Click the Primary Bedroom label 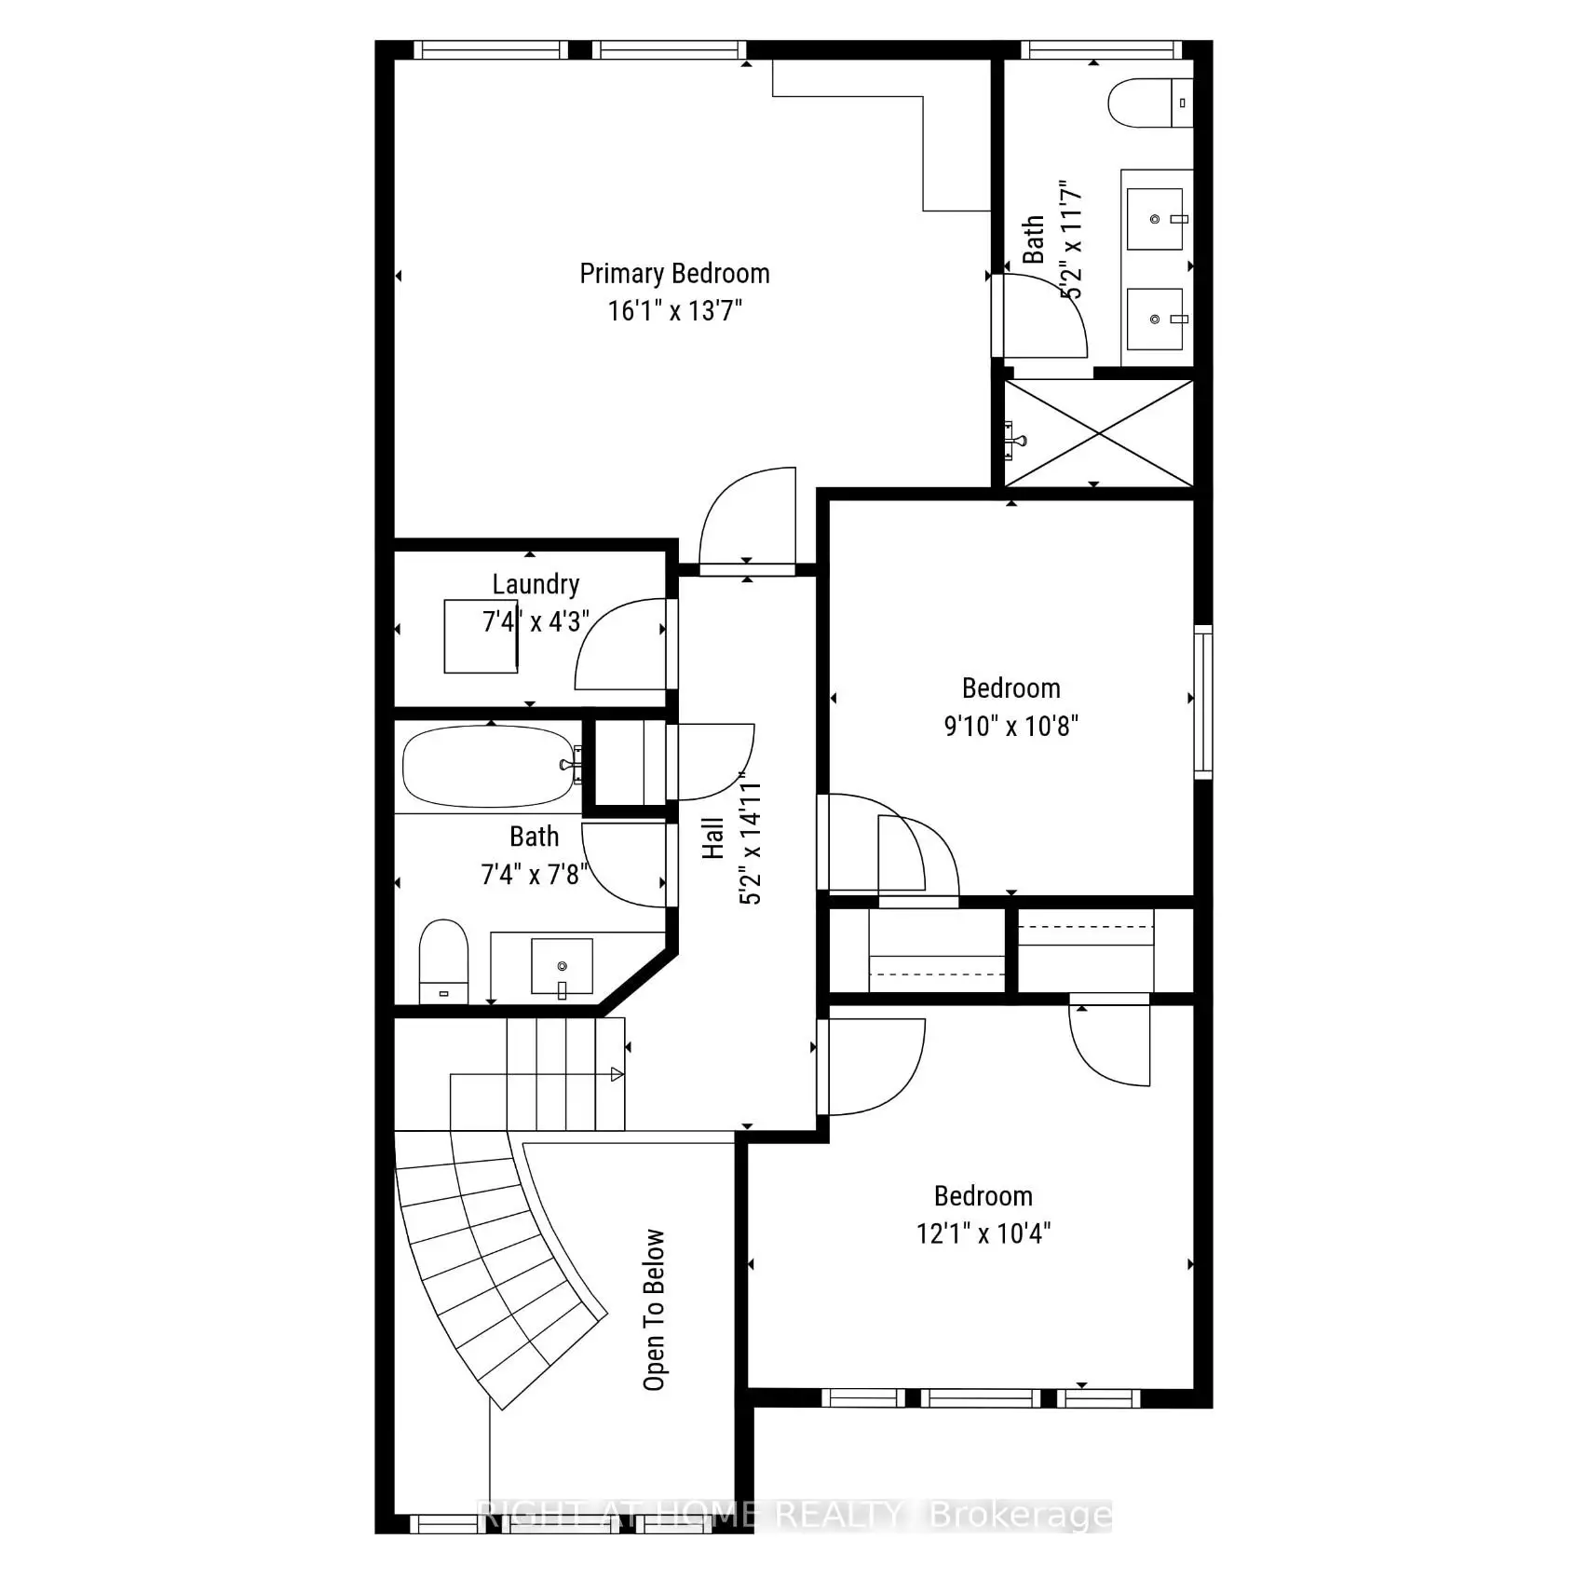point(674,274)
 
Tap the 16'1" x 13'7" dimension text point(674,310)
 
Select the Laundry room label point(536,584)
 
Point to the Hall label point(713,838)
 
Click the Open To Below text point(655,1309)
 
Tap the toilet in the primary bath point(1150,102)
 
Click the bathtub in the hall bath point(490,766)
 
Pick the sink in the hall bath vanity point(562,967)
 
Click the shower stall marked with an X point(1099,433)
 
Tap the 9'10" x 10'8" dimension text point(1011,725)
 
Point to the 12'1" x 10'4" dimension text point(983,1233)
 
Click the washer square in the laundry point(481,636)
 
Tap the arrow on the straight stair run point(617,1074)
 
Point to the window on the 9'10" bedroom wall point(1203,701)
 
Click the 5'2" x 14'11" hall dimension point(751,838)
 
